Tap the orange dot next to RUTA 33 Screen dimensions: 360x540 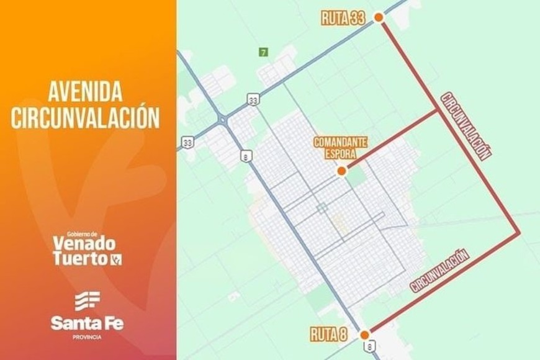point(379,20)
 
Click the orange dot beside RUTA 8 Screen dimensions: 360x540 point(365,333)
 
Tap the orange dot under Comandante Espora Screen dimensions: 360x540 point(341,171)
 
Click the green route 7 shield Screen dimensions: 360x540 point(264,53)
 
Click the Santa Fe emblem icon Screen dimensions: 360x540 point(88,300)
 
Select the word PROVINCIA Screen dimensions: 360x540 point(87,337)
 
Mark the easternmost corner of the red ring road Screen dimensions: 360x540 point(518,232)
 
